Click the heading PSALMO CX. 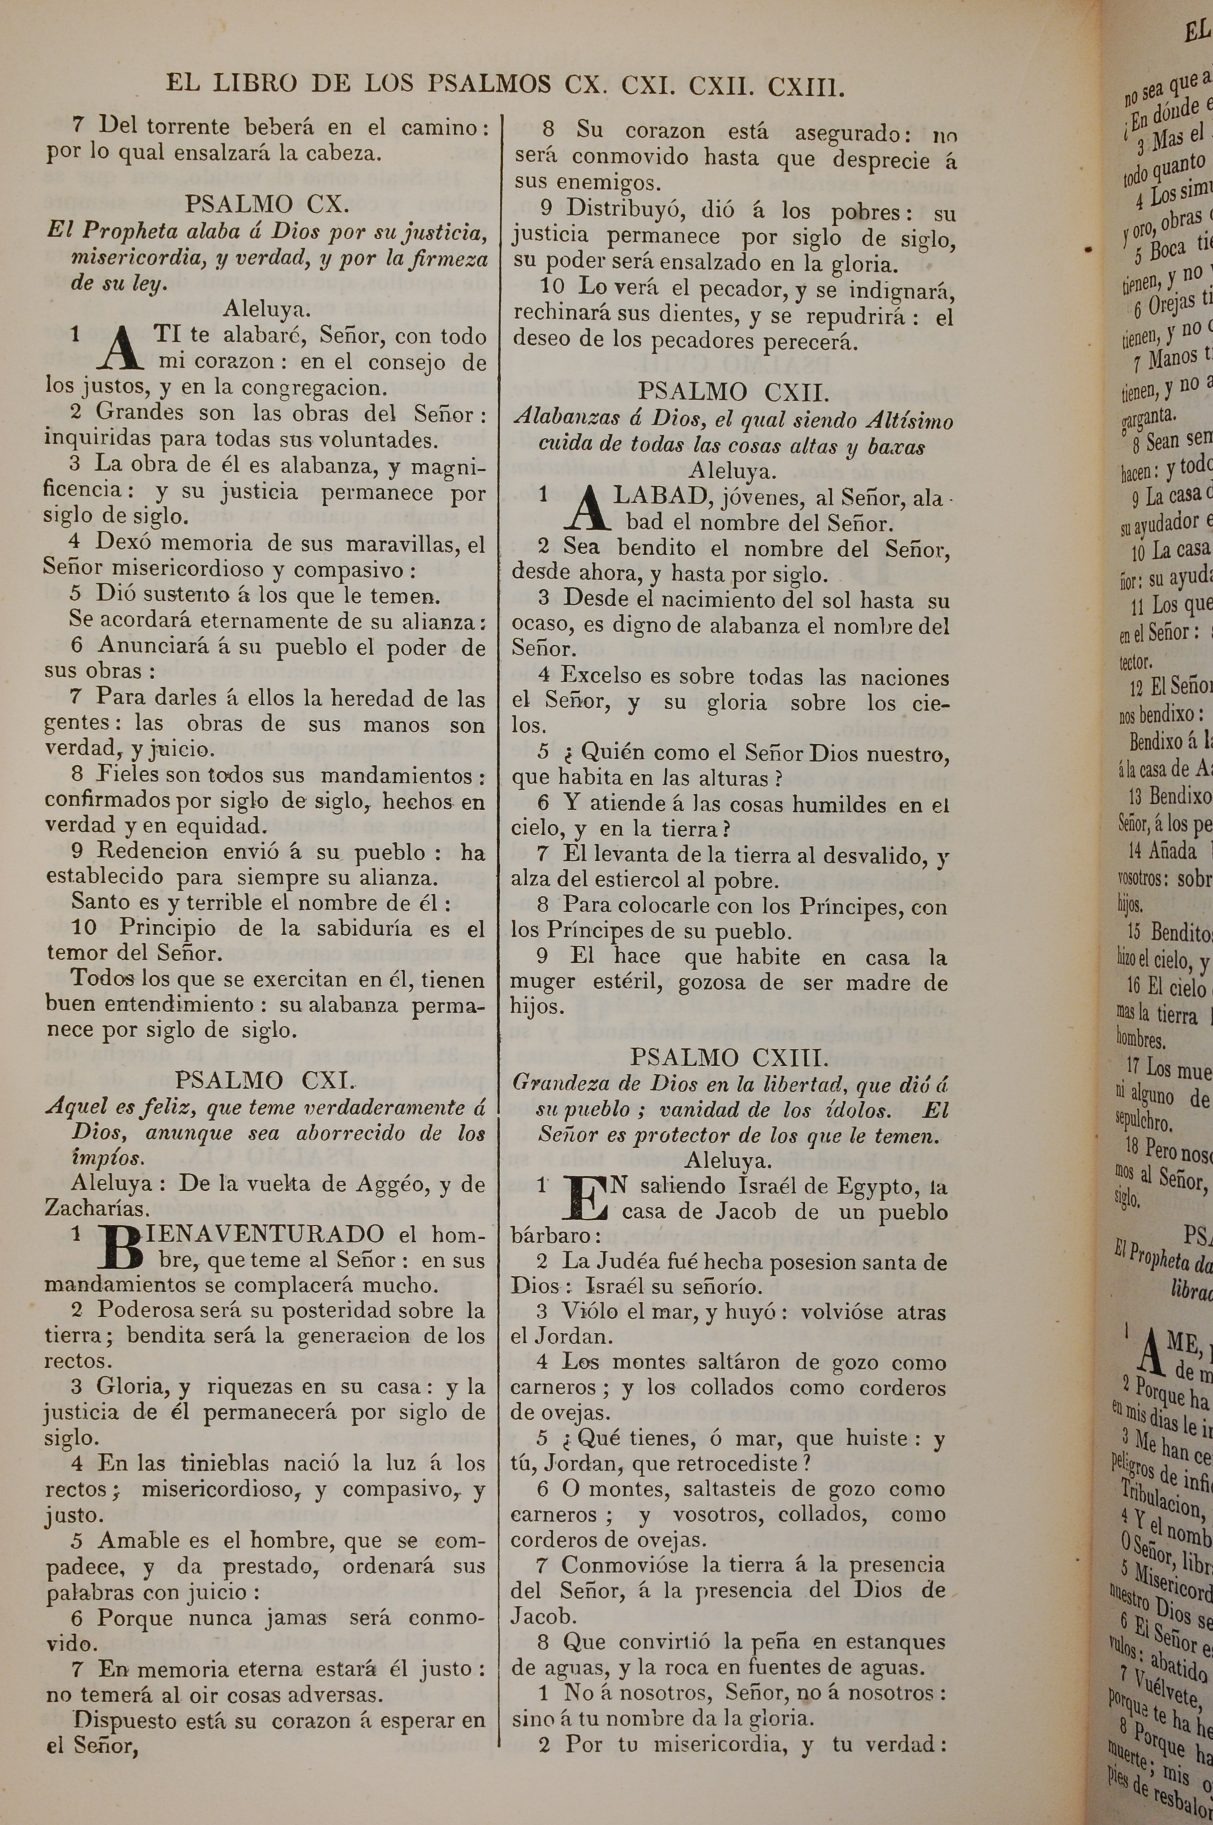pos(267,204)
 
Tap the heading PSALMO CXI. pos(266,1080)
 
